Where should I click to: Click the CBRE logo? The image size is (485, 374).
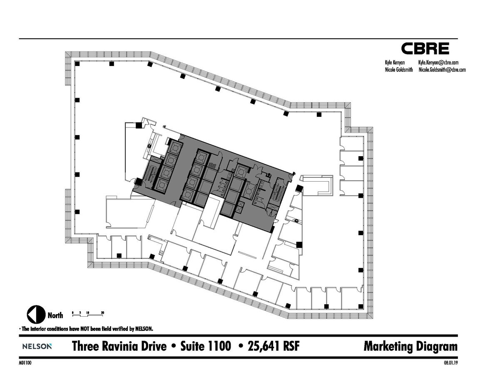425,49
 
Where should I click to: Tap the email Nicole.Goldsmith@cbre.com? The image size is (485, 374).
442,70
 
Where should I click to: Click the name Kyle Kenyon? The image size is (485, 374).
395,63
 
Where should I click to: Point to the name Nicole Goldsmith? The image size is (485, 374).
399,70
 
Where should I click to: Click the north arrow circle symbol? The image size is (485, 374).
35,315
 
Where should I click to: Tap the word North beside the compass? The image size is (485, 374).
55,315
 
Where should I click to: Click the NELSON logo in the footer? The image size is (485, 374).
37,346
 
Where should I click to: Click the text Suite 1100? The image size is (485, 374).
205,346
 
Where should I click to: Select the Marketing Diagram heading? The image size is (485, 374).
410,346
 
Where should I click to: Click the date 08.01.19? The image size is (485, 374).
450,362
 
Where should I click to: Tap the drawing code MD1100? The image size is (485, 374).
25,362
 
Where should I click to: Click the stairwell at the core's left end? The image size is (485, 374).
150,173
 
